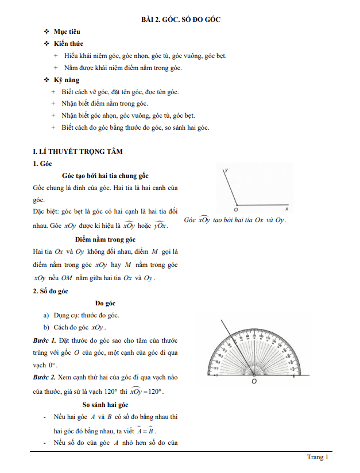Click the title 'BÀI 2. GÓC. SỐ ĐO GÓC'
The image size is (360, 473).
181,20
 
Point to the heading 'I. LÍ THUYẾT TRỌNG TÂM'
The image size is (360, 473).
78,152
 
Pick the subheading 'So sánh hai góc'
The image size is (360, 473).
107,405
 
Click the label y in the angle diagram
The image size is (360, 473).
228,170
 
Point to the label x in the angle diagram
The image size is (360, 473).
286,210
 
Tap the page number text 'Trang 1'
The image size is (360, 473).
317,457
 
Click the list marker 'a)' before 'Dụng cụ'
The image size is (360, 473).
47,315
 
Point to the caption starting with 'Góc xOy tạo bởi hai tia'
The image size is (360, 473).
235,220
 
